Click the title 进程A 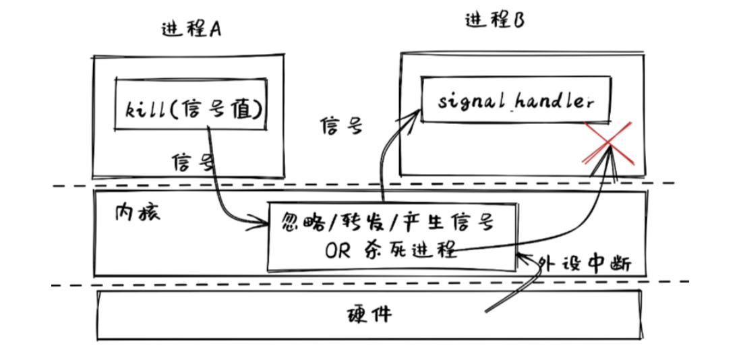coord(192,29)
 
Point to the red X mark coord(607,143)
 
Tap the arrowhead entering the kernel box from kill coord(264,220)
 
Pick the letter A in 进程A coord(216,30)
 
